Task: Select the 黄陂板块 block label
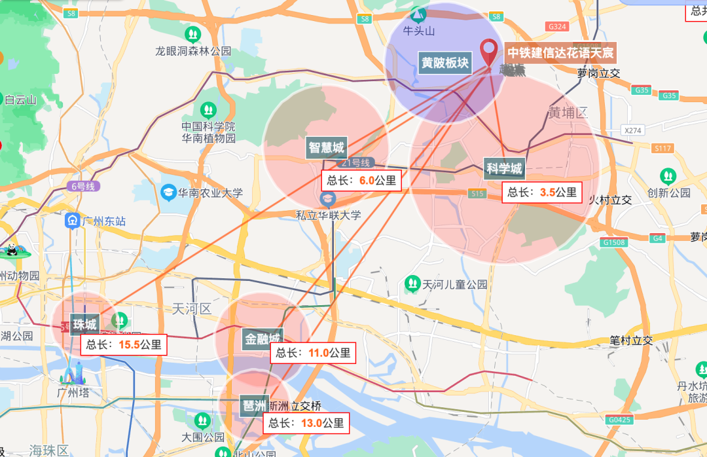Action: pos(444,63)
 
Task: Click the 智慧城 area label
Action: pos(326,147)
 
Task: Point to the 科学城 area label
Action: pos(504,169)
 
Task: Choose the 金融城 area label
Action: pos(262,339)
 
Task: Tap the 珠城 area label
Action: pos(84,324)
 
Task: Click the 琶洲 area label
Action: pos(253,404)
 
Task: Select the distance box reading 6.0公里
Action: pos(362,181)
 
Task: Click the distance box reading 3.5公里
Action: pos(542,192)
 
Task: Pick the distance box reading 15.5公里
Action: pos(124,344)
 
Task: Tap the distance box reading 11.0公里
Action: pos(314,353)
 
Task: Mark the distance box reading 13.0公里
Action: pos(306,423)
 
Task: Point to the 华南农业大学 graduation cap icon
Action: pos(168,192)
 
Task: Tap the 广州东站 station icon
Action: pos(71,221)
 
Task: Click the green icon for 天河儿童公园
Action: pos(412,283)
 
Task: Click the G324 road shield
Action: pos(558,26)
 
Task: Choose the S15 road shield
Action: pos(477,193)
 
